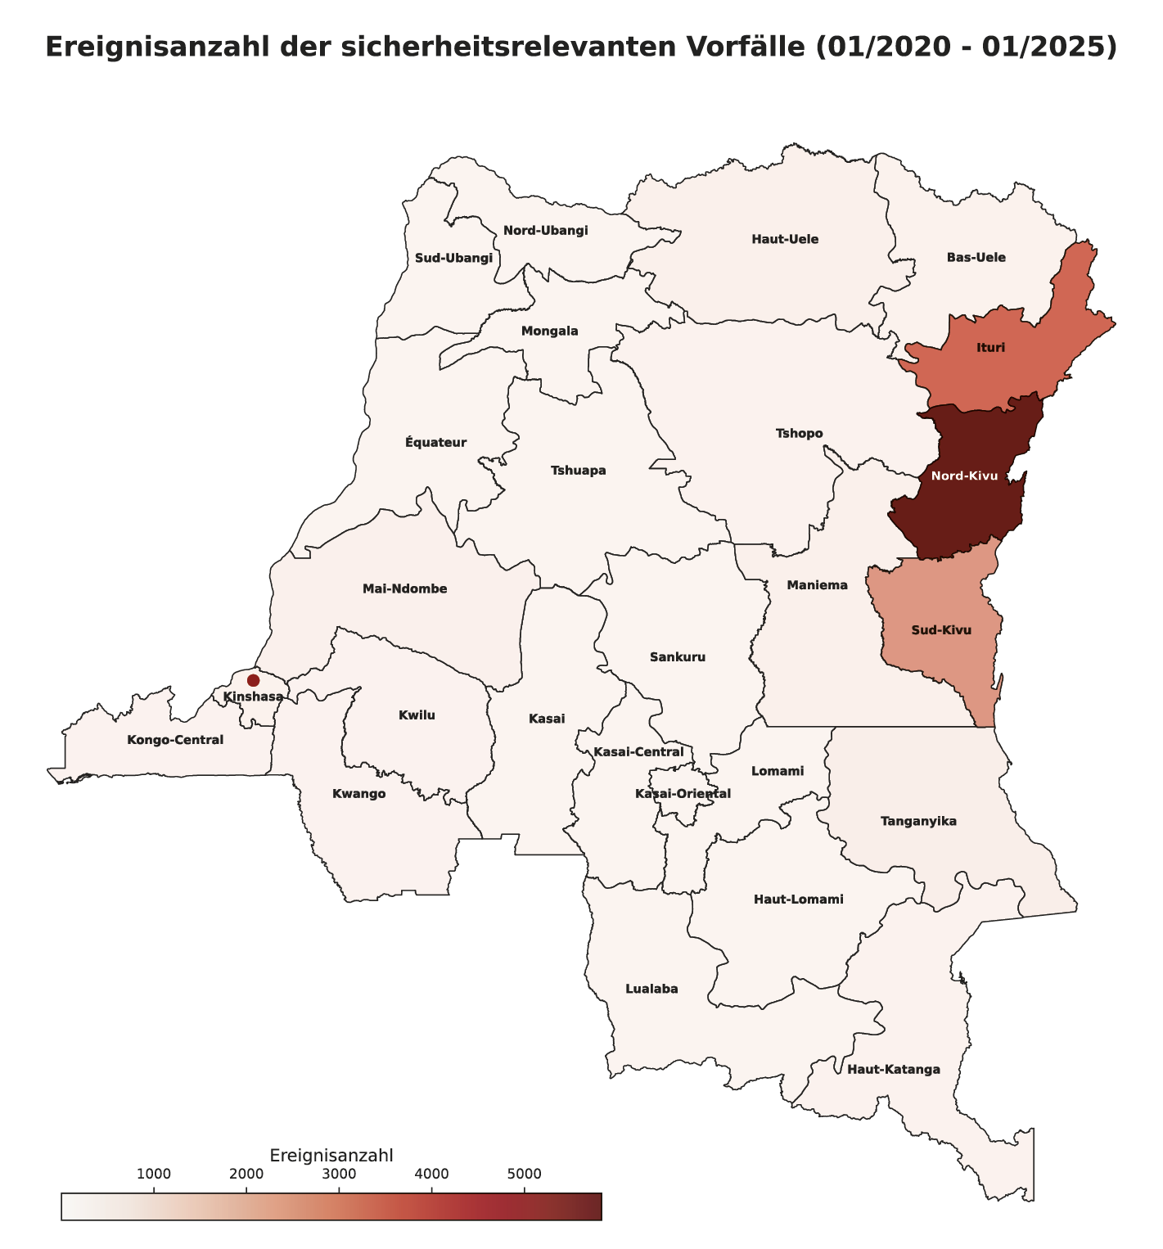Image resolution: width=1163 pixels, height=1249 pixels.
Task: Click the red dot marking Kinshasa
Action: (253, 680)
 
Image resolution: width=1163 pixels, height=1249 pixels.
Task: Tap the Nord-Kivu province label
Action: (964, 476)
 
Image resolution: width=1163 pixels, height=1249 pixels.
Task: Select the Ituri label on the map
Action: (990, 348)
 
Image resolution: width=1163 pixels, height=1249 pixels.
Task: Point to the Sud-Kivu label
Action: (941, 630)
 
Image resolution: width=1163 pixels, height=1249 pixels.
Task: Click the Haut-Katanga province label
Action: (894, 1070)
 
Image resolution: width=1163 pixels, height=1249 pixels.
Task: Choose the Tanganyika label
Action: (918, 821)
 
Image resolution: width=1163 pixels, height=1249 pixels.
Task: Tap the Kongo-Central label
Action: (175, 740)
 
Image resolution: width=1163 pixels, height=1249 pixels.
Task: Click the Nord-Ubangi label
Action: (545, 230)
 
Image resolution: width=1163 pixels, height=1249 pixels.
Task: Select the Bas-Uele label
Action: (976, 258)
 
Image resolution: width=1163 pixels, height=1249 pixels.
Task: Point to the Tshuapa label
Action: (578, 471)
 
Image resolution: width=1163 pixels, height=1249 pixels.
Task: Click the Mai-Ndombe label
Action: (404, 589)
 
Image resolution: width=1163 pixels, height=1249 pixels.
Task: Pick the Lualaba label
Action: (651, 989)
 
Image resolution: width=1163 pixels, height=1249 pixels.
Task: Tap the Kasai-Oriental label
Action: (683, 794)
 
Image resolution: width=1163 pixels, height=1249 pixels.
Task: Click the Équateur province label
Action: (435, 443)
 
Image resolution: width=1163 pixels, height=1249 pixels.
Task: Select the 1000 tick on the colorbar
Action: (153, 1175)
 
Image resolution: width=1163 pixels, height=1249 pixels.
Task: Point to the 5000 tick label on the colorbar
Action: (525, 1175)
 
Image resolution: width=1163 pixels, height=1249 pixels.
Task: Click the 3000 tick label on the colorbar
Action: (339, 1175)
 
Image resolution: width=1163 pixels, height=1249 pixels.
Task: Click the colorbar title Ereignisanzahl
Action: (331, 1155)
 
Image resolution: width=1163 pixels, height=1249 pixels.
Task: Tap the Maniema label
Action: (817, 585)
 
